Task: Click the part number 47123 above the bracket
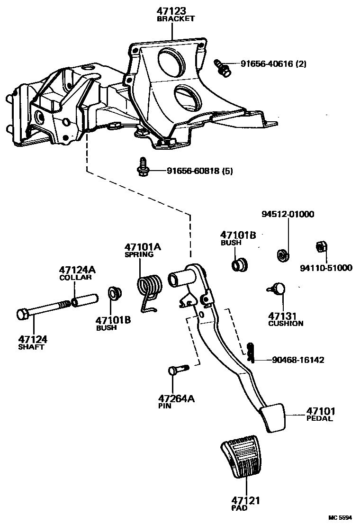pos(173,11)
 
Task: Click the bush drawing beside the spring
pos(113,294)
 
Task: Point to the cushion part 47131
pos(279,288)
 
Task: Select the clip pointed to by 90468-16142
pos(251,352)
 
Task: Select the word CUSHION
pos(286,324)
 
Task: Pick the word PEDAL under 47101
pos(319,419)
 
